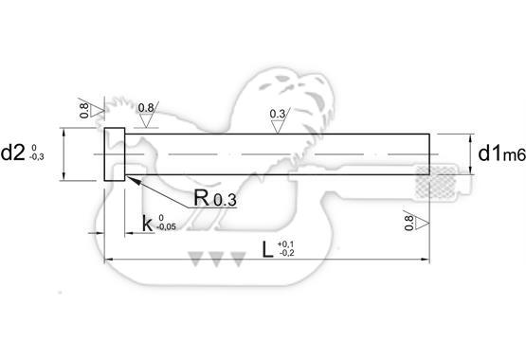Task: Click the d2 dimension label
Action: [x=13, y=153]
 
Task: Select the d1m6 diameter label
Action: [x=502, y=153]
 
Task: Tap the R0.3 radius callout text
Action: [x=215, y=198]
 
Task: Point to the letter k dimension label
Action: [x=147, y=224]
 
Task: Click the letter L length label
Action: [x=267, y=250]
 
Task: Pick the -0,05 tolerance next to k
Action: [x=166, y=227]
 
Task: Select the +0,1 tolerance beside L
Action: [x=285, y=244]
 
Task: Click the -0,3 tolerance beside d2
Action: [x=37, y=157]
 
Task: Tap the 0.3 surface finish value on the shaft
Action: [x=278, y=114]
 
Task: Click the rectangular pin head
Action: [x=115, y=154]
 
